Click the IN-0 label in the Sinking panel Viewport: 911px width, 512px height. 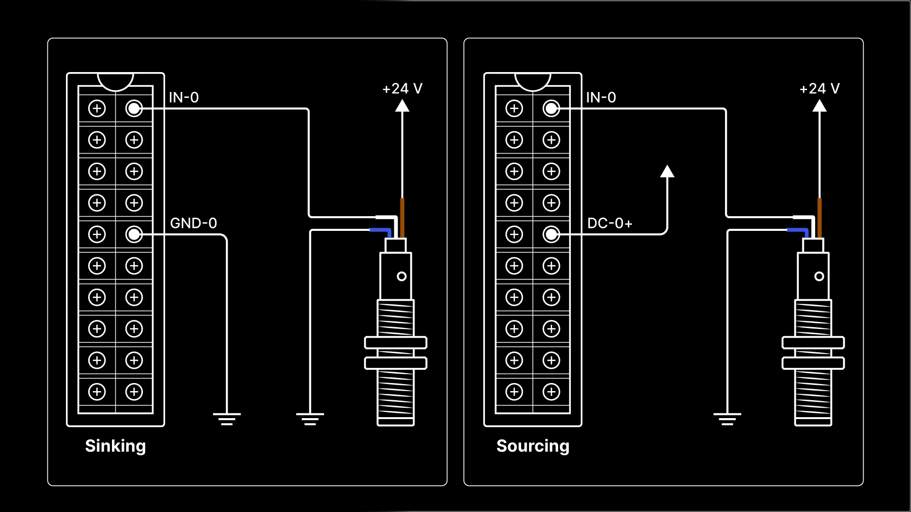click(184, 98)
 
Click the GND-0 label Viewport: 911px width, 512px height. click(194, 223)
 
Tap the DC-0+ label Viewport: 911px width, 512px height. click(610, 223)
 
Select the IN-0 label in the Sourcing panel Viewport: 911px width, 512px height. click(601, 98)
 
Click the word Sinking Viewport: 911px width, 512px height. click(115, 446)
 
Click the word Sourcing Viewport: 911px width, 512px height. click(532, 446)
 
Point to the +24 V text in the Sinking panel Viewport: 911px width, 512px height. click(402, 89)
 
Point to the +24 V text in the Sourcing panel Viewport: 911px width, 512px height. click(819, 89)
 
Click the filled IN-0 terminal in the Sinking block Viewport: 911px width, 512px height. click(134, 109)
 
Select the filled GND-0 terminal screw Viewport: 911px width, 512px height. click(134, 234)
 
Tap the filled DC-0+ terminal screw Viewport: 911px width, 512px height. click(551, 234)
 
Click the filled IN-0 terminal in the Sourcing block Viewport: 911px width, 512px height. click(551, 109)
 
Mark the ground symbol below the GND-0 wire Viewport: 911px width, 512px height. click(227, 419)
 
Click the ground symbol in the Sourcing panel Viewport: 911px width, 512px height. click(727, 419)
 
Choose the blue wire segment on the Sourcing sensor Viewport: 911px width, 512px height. click(798, 231)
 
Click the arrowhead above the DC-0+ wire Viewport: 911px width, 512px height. click(667, 172)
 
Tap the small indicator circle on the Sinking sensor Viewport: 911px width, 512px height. click(401, 276)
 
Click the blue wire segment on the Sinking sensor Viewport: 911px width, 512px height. click(381, 231)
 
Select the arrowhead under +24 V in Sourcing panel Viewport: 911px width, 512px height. click(819, 106)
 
